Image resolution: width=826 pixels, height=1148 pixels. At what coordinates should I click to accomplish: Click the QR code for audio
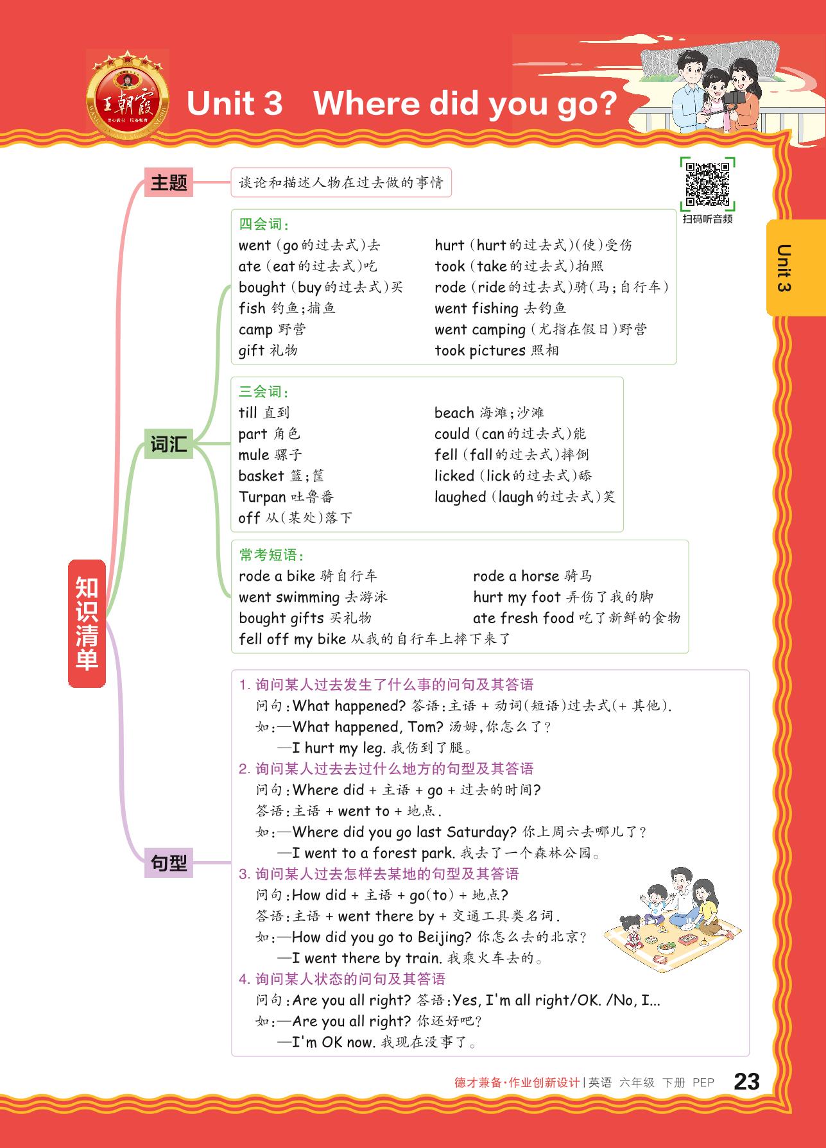click(x=707, y=184)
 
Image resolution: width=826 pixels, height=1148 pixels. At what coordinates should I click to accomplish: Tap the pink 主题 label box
click(x=169, y=183)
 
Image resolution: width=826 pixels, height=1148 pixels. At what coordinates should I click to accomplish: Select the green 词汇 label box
click(x=169, y=444)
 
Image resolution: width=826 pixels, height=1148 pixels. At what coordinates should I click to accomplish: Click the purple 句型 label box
click(x=169, y=863)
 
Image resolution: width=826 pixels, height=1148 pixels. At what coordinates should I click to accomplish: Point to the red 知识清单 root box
click(x=87, y=623)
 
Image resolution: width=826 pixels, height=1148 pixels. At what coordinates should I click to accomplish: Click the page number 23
click(x=746, y=1082)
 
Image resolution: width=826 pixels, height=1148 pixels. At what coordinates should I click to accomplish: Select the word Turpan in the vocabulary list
click(x=262, y=497)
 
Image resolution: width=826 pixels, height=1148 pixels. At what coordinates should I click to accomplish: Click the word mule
click(x=254, y=455)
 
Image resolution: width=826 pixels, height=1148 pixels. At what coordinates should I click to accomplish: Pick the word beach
click(x=454, y=413)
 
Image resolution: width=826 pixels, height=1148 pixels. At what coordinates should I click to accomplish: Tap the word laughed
click(x=460, y=497)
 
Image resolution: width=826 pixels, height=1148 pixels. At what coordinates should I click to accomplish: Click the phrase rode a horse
click(x=516, y=576)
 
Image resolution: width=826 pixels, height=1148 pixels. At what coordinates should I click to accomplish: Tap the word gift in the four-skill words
click(x=251, y=350)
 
